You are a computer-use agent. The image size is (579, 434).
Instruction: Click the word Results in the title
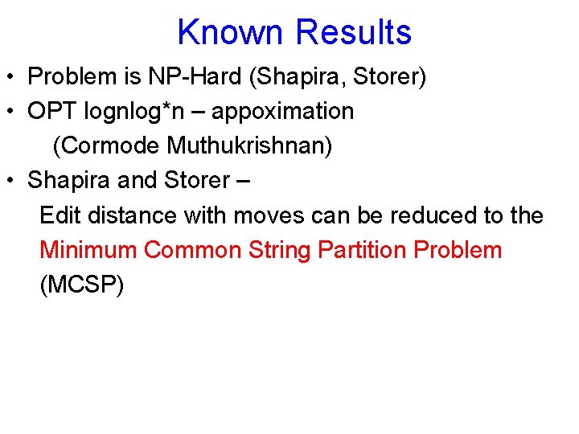pos(353,33)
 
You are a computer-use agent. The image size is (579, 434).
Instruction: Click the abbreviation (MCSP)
pos(81,285)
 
